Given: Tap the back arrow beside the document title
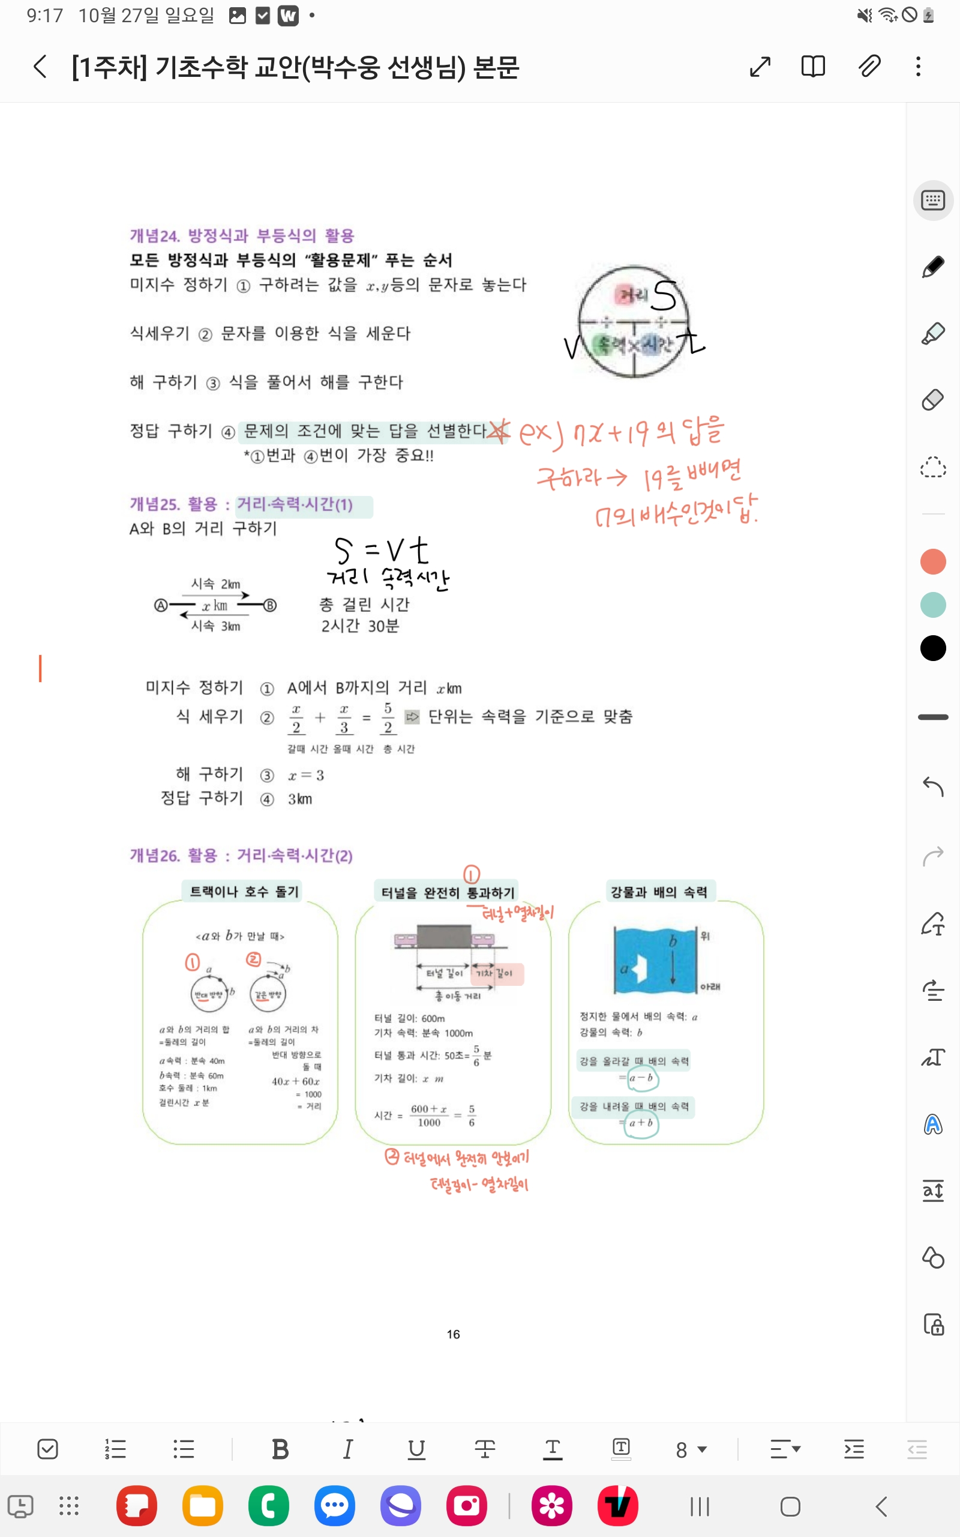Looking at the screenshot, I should (40, 66).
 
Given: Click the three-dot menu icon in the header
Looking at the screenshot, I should (918, 66).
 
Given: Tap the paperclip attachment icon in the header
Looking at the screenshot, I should (869, 66).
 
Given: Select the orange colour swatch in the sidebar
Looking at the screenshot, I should (932, 561).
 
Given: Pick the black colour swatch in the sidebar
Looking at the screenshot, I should (932, 648).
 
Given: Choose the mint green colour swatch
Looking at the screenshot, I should (932, 605).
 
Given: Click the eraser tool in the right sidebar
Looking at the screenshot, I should (932, 399).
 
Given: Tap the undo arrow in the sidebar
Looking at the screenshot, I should (932, 787).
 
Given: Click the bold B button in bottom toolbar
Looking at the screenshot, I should (280, 1449).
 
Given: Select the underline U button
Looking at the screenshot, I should (416, 1449).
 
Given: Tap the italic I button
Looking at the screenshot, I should (348, 1449).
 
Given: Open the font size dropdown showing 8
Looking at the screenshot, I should (691, 1450).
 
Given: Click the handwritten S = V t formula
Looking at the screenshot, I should (381, 550).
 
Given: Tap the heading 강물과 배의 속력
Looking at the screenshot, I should (658, 892).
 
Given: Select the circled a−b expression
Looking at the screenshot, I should (643, 1078).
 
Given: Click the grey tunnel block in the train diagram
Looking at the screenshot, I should (444, 937).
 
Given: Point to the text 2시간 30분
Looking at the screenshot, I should (360, 626).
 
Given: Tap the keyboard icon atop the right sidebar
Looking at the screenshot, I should (932, 201).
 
